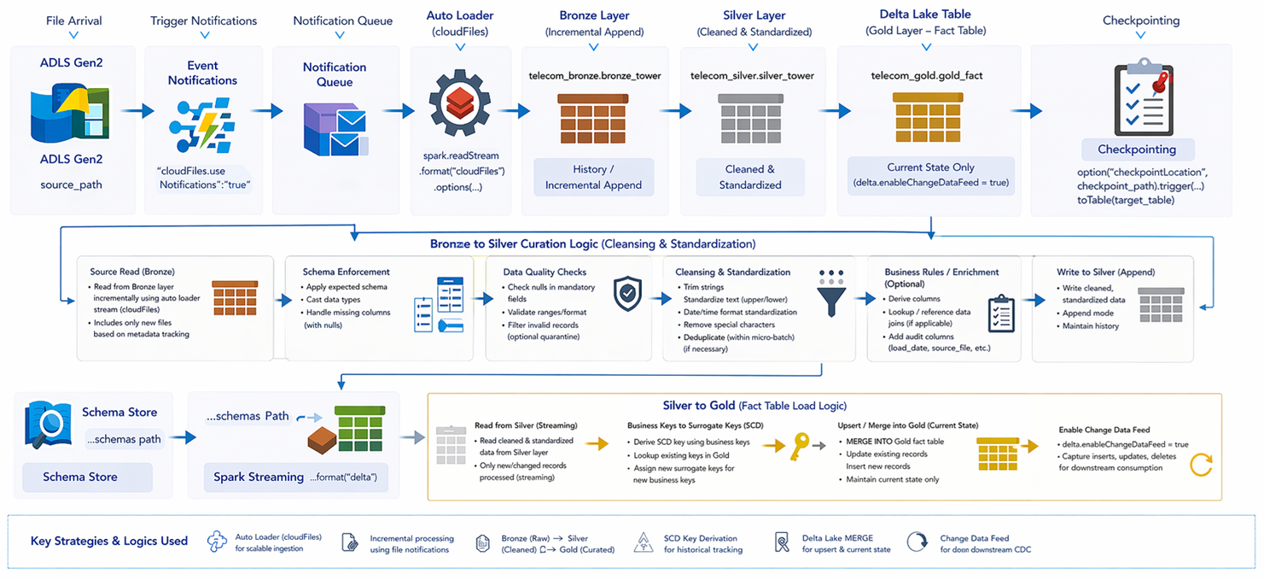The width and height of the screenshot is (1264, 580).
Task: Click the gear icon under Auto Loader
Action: click(x=460, y=103)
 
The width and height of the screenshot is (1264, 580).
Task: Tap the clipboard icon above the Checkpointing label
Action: click(x=1144, y=97)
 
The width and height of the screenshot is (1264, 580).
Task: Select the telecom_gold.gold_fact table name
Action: click(x=927, y=76)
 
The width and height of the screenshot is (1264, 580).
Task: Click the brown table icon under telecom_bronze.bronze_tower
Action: click(x=593, y=119)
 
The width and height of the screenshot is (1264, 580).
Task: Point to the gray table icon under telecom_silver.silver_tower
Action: click(x=750, y=119)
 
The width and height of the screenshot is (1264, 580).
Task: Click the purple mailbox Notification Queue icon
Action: click(x=335, y=129)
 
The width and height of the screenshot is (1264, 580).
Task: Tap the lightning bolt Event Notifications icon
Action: click(x=201, y=126)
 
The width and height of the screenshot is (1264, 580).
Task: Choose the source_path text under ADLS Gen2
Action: click(x=71, y=185)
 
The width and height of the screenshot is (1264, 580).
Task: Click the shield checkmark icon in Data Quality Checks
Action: click(x=627, y=294)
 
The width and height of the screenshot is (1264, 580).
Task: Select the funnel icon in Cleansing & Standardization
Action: click(x=831, y=292)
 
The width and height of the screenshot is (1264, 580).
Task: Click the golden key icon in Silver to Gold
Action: click(x=800, y=447)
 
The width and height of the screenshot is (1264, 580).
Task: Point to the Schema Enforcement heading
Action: click(x=346, y=272)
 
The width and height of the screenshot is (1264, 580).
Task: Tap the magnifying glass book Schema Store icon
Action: click(x=48, y=425)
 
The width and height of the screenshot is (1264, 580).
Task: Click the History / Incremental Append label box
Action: click(x=594, y=178)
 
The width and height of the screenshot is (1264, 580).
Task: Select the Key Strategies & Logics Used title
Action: click(x=109, y=541)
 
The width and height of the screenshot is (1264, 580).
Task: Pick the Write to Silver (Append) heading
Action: click(x=1105, y=272)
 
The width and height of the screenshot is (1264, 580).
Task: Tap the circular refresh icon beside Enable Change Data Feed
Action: click(x=1201, y=466)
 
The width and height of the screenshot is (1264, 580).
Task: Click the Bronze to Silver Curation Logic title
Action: click(x=592, y=244)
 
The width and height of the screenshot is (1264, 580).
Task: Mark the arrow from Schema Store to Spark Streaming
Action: click(x=183, y=437)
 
